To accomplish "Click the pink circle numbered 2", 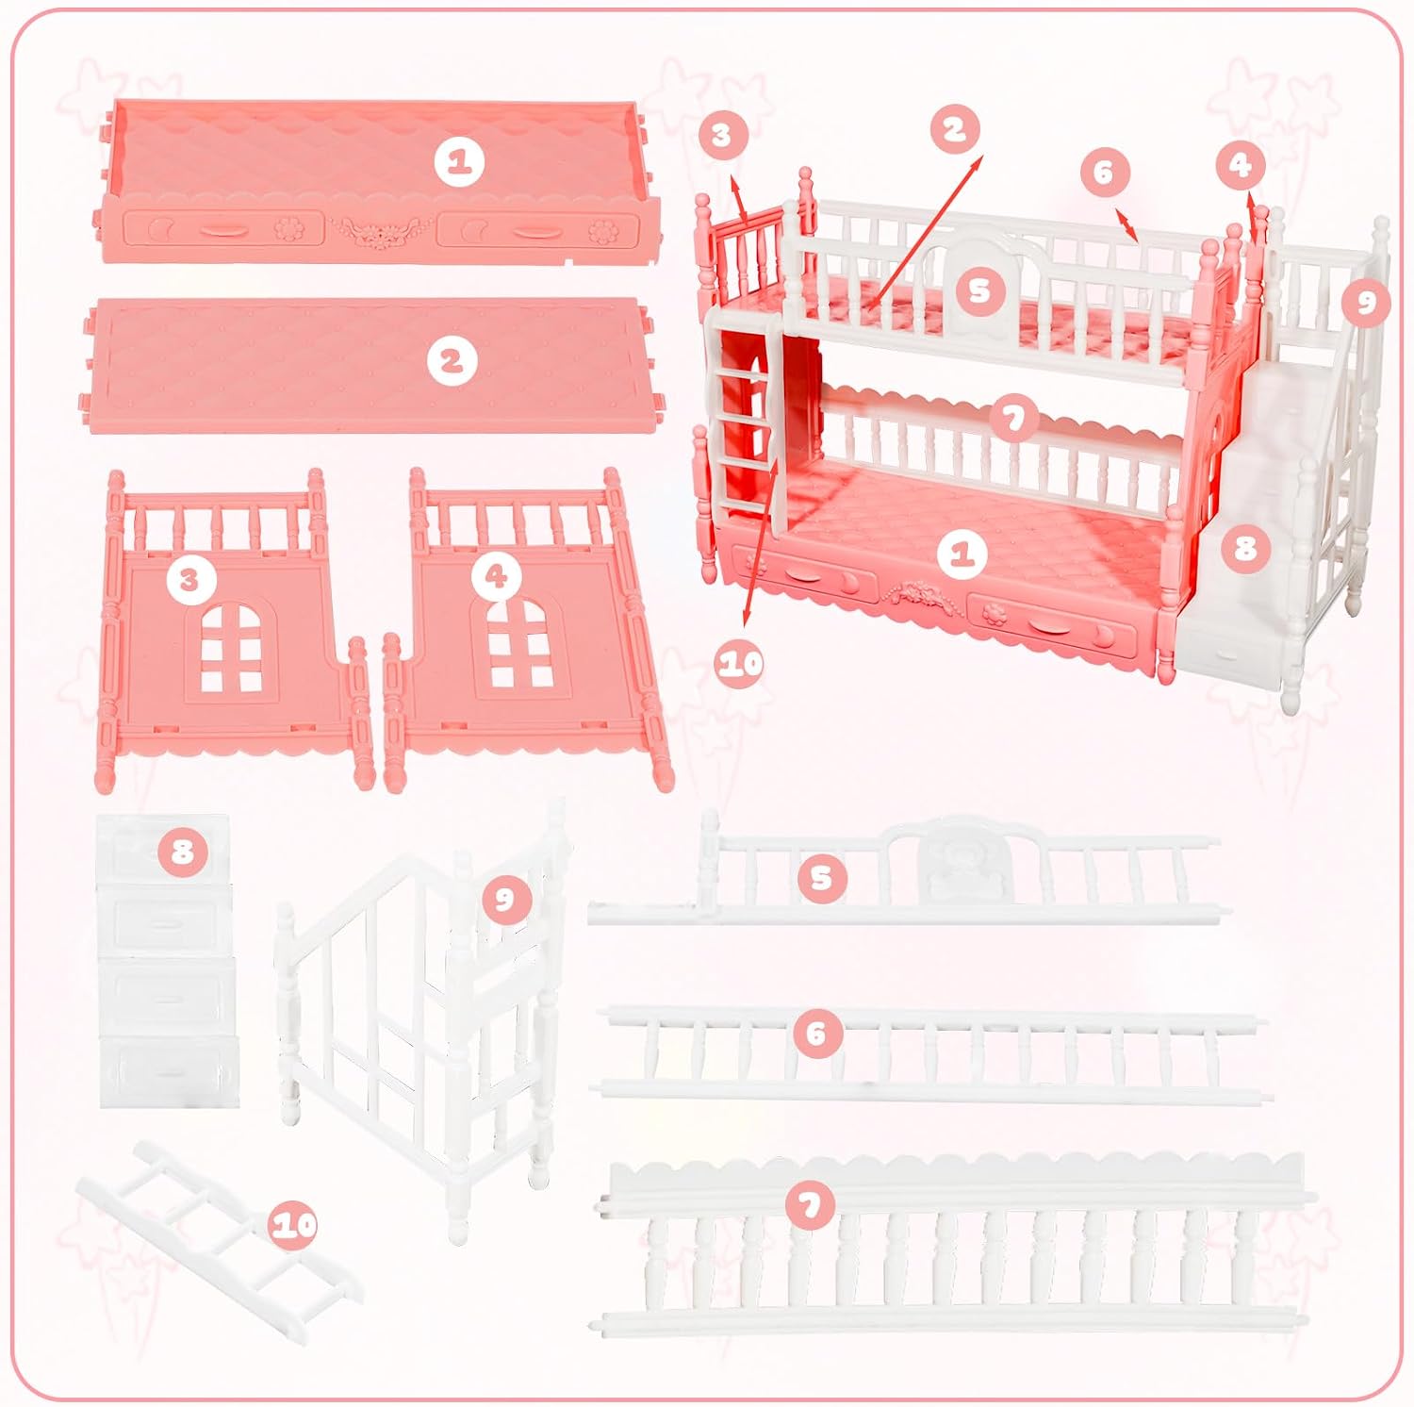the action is click(955, 129).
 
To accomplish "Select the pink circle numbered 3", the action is click(721, 135).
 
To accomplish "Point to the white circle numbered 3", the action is click(189, 579).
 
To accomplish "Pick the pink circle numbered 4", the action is click(1241, 166).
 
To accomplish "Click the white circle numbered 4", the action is click(497, 576).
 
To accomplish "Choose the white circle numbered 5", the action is click(980, 290).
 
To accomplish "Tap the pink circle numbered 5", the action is click(821, 877).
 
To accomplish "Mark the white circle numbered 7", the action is click(1012, 419).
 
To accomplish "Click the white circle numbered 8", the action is click(1246, 545).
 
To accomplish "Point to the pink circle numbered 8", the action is click(182, 852).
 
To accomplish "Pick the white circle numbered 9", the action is click(1368, 301).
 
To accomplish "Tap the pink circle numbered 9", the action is click(504, 899).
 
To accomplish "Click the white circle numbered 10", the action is click(741, 663).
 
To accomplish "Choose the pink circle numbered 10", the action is click(293, 1225).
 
